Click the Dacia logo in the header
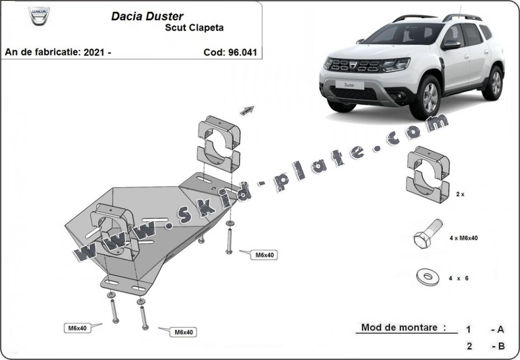coord(39,16)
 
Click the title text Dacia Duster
coord(147,17)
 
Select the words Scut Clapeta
coord(194,28)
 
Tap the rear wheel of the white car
coord(496,84)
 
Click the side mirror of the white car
coord(451,45)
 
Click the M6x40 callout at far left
coord(78,328)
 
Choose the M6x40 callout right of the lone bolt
coord(265,255)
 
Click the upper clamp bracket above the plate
coord(218,143)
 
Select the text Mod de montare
coord(399,327)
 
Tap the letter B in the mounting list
coord(500,346)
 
